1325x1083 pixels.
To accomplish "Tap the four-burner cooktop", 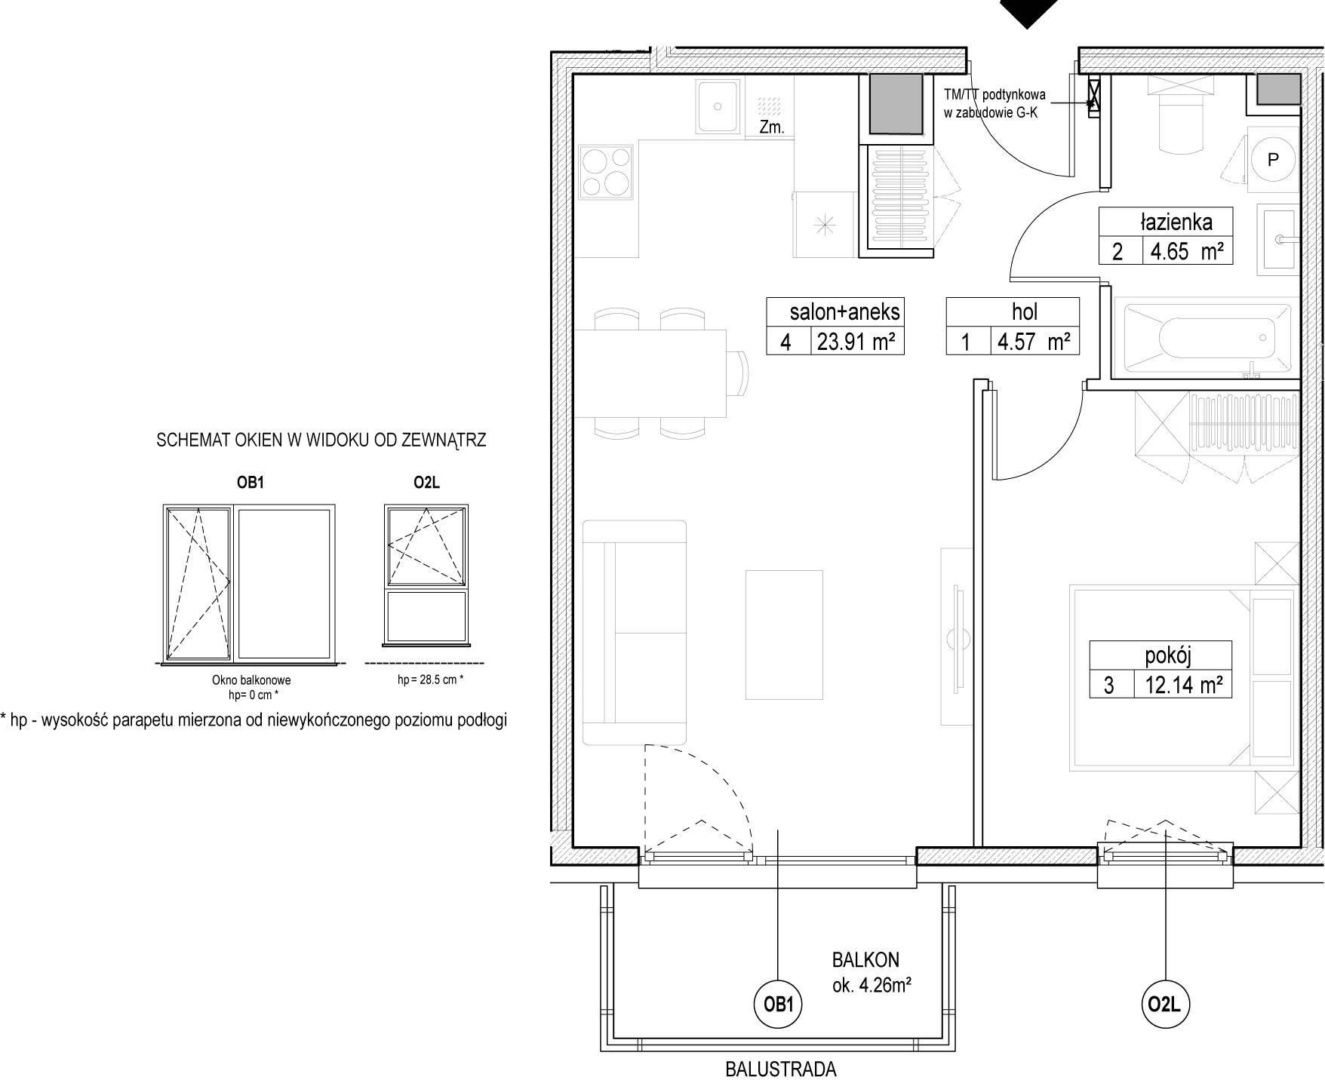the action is point(605,171).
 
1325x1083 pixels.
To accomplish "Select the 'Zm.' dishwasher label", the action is point(771,127).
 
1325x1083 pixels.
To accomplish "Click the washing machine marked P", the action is point(1273,159).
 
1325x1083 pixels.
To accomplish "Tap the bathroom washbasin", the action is point(1276,239).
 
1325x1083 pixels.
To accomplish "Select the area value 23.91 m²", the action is point(856,342).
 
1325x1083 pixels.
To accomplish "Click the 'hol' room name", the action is point(1025,311).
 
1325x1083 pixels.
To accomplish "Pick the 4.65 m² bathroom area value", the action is point(1187,251).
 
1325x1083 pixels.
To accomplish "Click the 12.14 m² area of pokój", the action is point(1183,685).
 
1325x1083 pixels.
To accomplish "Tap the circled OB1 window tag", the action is point(777,1005).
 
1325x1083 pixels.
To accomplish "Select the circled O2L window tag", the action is point(1166,1004).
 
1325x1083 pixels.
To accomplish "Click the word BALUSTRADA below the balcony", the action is point(780,1069).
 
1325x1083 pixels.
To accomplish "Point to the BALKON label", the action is point(865,959).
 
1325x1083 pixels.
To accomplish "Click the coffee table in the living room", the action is point(784,634).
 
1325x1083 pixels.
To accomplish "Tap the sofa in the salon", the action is point(635,632).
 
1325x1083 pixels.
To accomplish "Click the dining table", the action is point(651,373).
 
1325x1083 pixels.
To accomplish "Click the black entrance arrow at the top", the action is point(1027,12).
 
